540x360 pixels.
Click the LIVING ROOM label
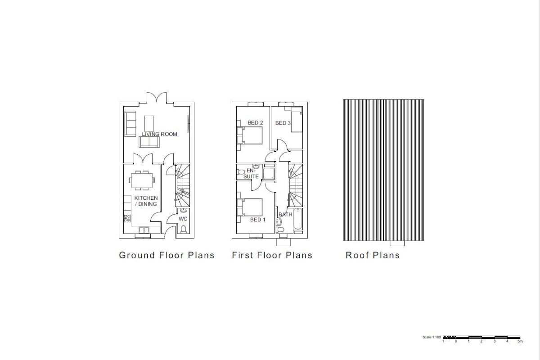pos(159,134)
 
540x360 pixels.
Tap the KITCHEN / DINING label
pos(146,201)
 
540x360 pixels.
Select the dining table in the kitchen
pos(142,180)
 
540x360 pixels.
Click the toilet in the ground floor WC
pos(183,230)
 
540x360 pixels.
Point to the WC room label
pos(183,219)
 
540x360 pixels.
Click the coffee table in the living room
pos(149,122)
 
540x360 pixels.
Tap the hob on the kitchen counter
pos(126,219)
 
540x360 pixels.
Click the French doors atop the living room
pos(157,98)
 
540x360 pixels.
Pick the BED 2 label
pos(255,123)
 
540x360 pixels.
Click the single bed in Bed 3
pos(297,120)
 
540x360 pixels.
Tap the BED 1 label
pos(258,220)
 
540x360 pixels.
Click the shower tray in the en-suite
pos(268,173)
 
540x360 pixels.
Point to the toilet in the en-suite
pos(241,171)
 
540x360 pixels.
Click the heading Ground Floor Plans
pos(166,255)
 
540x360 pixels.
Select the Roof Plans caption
pos(372,255)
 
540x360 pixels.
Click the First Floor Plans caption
pos(272,255)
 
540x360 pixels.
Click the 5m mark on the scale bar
pos(520,342)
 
